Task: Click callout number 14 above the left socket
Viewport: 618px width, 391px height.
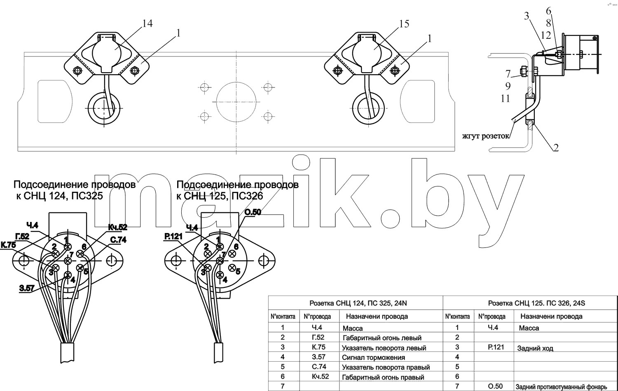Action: tap(147, 23)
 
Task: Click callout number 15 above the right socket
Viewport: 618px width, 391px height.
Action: tap(404, 24)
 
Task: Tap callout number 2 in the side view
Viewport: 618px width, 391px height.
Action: tap(556, 148)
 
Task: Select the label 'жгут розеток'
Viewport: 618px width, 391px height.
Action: tap(486, 136)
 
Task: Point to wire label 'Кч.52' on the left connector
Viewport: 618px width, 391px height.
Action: tap(117, 227)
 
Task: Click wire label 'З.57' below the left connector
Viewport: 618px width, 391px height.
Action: tap(27, 289)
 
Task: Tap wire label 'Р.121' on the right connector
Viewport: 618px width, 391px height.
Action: tap(173, 236)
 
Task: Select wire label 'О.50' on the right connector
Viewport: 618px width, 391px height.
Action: tap(253, 212)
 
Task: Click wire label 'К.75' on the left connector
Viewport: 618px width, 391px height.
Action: tap(8, 245)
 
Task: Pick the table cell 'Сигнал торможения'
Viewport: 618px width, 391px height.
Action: tap(374, 358)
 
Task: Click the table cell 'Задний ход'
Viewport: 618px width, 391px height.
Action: tap(535, 349)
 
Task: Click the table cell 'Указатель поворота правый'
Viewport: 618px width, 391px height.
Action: tap(386, 367)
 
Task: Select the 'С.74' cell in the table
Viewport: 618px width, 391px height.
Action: tap(319, 367)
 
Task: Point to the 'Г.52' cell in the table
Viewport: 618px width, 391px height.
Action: tap(318, 337)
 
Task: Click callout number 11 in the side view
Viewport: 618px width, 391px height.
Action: tap(506, 99)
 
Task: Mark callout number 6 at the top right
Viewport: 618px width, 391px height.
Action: tap(548, 11)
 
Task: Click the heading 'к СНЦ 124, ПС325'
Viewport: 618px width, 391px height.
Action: tap(60, 196)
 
